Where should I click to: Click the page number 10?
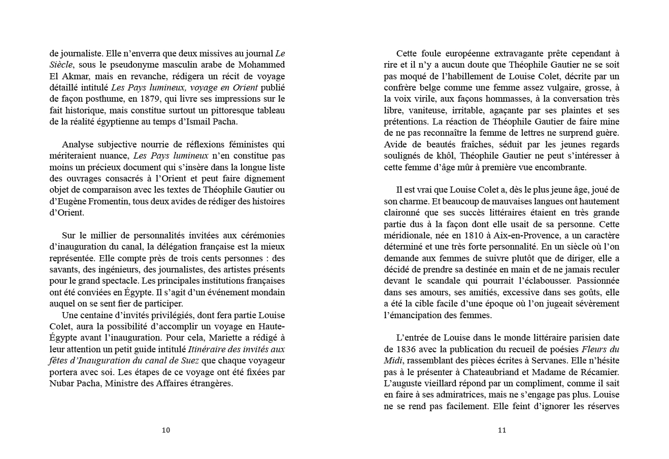pos(166,430)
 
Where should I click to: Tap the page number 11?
pos(502,430)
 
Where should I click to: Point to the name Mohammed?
pos(260,65)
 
